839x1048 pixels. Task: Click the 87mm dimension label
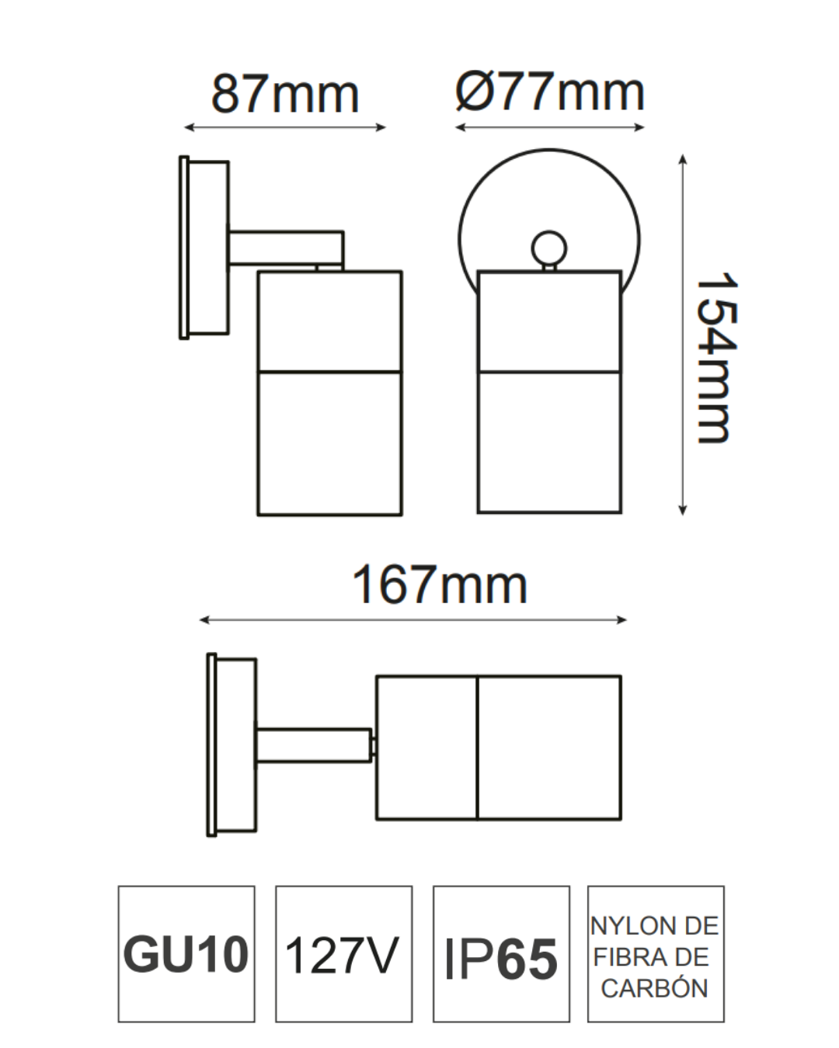(285, 95)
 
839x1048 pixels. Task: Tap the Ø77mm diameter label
(550, 92)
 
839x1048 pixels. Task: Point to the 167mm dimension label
(440, 585)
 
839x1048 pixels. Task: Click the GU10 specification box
(186, 954)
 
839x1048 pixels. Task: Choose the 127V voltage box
(343, 954)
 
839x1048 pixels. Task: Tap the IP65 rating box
(501, 954)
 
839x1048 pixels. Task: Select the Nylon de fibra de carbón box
(656, 954)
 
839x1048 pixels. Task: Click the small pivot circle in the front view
(549, 248)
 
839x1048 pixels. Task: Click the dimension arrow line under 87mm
(285, 127)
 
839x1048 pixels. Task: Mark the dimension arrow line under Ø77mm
(550, 127)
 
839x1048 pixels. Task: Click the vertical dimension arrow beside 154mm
(682, 335)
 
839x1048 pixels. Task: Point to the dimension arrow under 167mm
(413, 619)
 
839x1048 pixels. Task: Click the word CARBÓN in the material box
(655, 989)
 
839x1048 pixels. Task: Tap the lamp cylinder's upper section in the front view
(549, 321)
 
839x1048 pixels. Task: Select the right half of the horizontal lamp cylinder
(549, 748)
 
